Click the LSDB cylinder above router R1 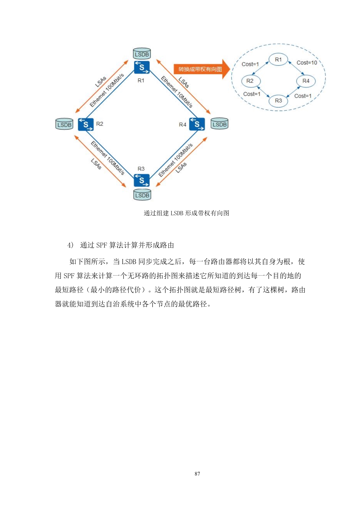pos(142,54)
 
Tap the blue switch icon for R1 pos(142,67)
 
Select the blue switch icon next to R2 pos(86,125)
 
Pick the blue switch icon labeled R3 pos(142,180)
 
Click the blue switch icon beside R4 pos(197,124)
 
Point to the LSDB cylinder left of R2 pos(64,124)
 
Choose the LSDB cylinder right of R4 pos(219,124)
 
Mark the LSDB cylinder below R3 pos(142,195)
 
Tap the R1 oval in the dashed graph pos(278,60)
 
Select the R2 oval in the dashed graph pos(250,81)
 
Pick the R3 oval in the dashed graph pos(278,101)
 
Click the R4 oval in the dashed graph pos(306,81)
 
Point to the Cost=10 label pos(307,63)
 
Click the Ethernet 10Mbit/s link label pos(177,92)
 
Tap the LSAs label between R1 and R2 pos(101,82)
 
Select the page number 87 pos(197,474)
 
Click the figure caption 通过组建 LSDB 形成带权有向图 pos(186,213)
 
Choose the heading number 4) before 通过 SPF pos(70,245)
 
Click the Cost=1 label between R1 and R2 pos(250,64)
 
